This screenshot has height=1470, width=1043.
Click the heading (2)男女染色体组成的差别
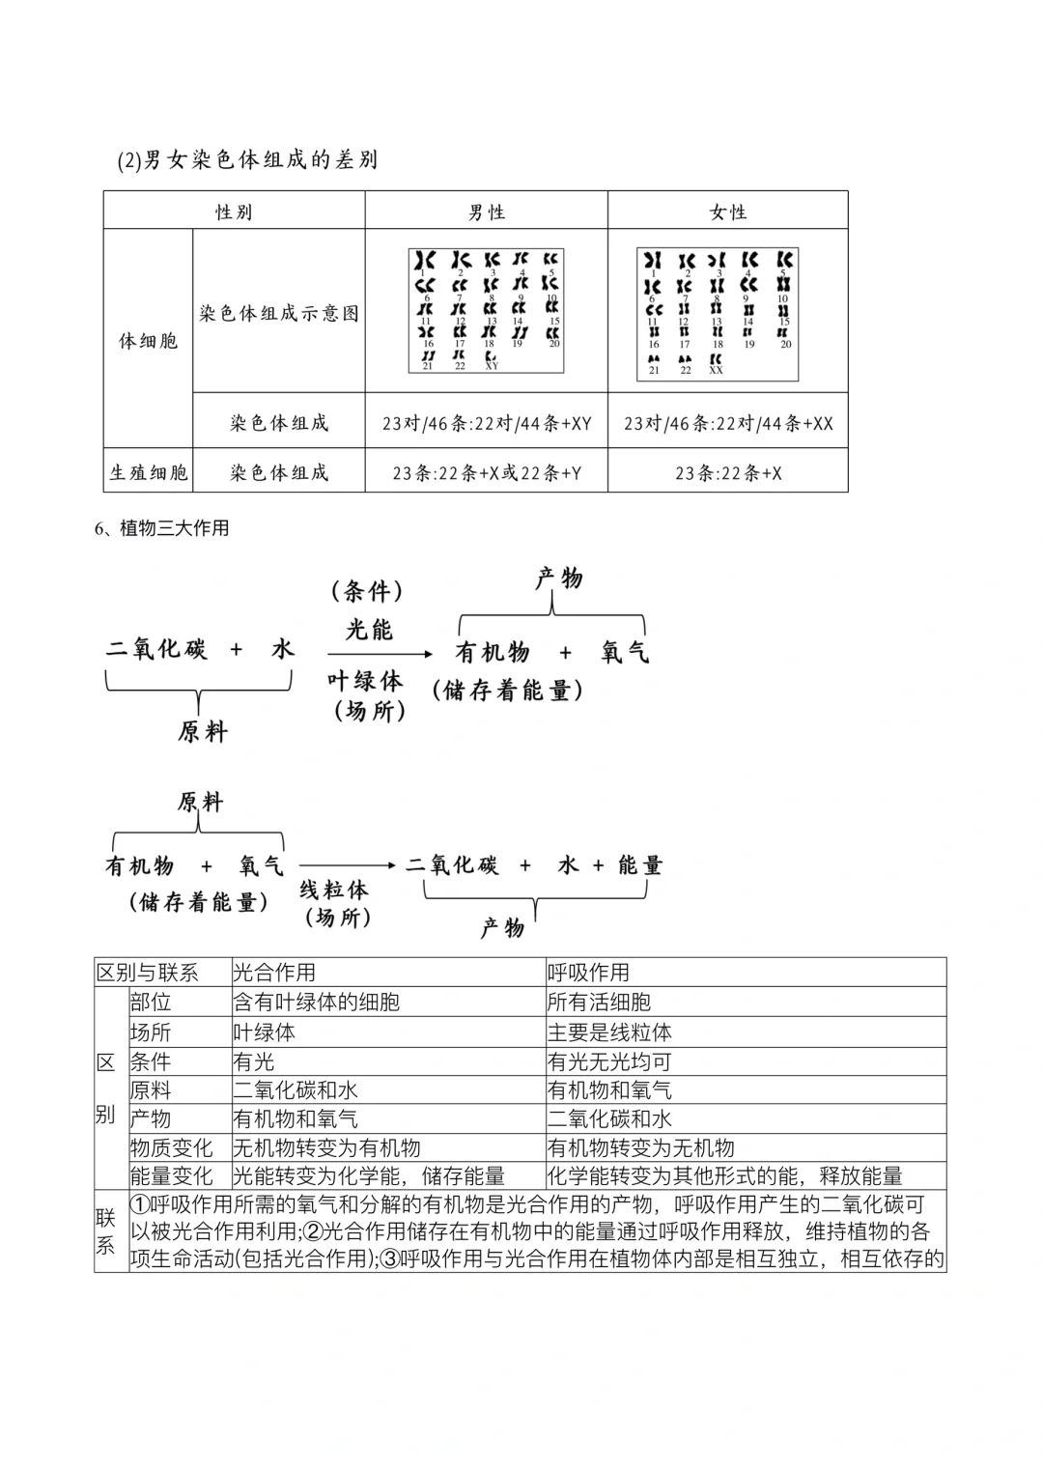pos(247,160)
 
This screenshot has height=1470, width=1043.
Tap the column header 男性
pos(486,212)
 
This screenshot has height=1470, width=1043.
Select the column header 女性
pos(727,212)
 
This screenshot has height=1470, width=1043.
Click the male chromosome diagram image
pos(486,310)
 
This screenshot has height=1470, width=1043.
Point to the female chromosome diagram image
pos(718,313)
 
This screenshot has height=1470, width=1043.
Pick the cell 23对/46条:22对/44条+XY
pos(486,423)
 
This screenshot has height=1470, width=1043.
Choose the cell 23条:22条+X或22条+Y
pos(486,473)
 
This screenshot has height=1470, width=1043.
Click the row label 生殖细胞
pos(149,473)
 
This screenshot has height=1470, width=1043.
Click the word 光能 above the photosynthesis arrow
pos(369,630)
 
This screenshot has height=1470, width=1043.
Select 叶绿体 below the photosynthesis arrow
pos(365,681)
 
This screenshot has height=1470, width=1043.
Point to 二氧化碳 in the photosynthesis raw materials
pos(157,649)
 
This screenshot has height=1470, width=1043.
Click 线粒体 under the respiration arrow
pos(333,889)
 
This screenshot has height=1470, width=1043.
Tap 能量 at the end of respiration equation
pos(640,865)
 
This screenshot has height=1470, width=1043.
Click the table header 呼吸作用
pos(589,973)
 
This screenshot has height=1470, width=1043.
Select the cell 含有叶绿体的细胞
pos(317,1003)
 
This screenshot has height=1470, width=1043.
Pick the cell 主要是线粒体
pos(609,1032)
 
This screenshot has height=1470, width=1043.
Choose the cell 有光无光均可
pos(609,1061)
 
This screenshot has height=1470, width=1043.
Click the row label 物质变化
pos(171,1148)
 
